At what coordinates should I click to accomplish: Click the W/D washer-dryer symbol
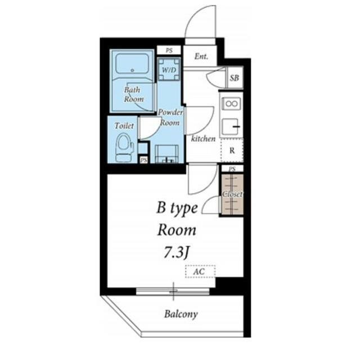tap(169, 69)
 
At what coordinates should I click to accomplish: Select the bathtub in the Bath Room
tap(132, 64)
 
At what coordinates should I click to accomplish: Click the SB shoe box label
tap(234, 78)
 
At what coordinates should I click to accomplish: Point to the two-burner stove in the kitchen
tap(231, 103)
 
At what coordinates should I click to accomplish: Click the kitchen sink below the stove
tap(231, 127)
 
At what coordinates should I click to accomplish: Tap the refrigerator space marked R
tap(232, 151)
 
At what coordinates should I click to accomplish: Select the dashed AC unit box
tap(200, 272)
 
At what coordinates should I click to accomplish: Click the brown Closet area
tap(232, 195)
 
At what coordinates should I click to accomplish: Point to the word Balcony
tap(181, 314)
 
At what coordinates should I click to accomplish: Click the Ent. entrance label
tap(201, 56)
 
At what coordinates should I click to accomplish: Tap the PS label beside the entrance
tap(169, 51)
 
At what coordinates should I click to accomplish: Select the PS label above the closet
tap(232, 169)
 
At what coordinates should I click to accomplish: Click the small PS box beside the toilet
tap(143, 160)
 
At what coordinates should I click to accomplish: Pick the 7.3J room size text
tap(177, 253)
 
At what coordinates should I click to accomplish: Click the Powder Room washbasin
tap(166, 154)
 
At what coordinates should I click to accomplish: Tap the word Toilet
tap(124, 125)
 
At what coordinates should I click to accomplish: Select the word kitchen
tap(204, 138)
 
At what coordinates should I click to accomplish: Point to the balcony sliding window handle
tap(173, 291)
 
